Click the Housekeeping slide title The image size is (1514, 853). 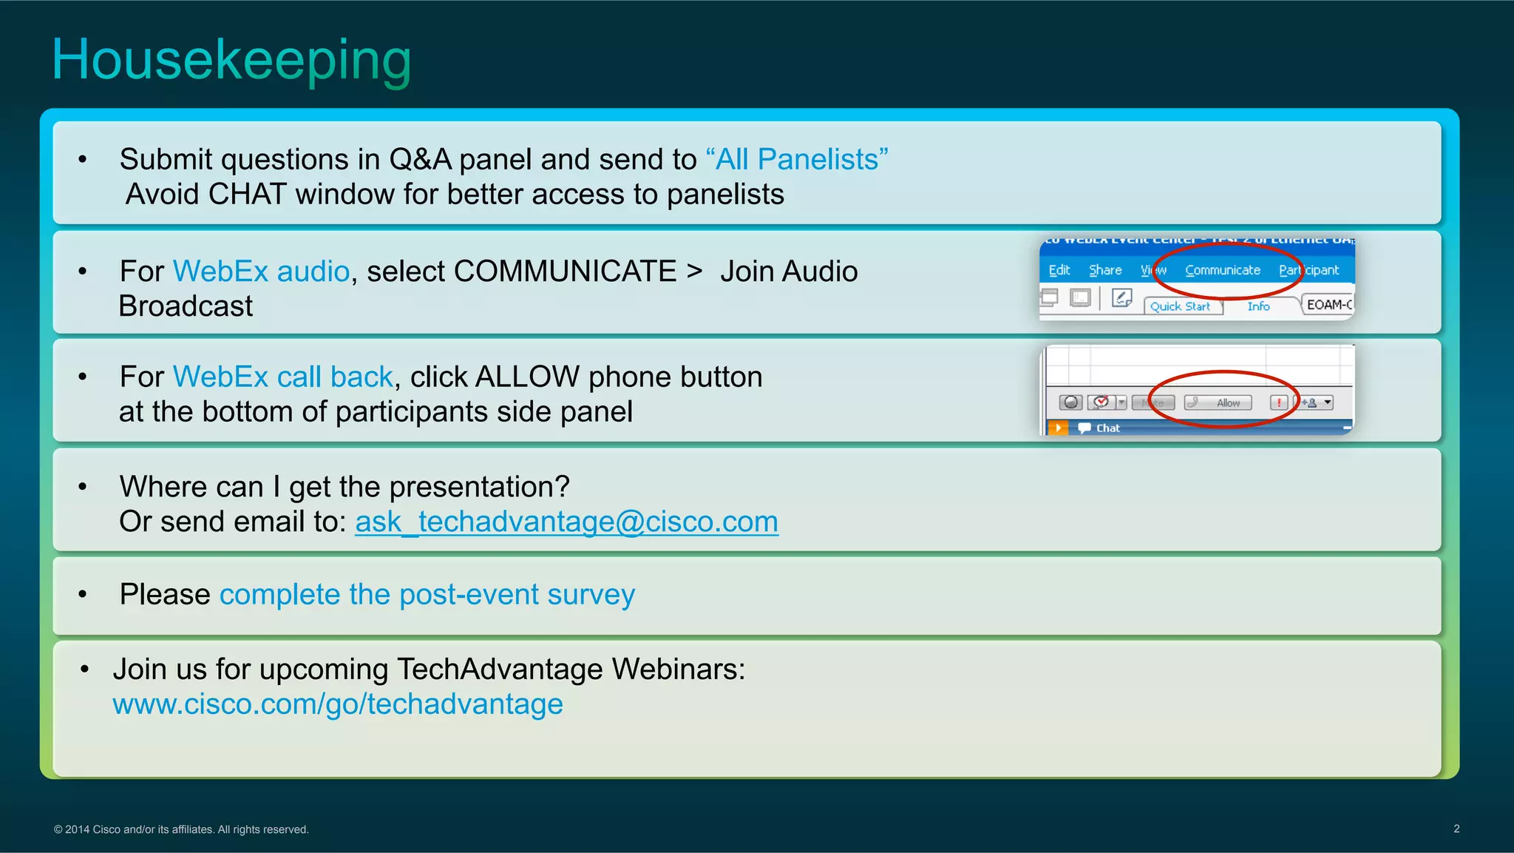[x=231, y=61]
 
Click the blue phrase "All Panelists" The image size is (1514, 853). [x=797, y=160]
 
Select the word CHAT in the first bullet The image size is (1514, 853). [x=247, y=195]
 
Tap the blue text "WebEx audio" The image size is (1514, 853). [x=261, y=272]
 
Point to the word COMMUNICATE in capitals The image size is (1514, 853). [x=565, y=272]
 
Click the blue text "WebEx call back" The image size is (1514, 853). [x=282, y=377]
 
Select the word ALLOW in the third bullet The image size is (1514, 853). [x=527, y=377]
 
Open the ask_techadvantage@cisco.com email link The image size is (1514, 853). [x=566, y=522]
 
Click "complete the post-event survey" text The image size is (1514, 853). [x=427, y=595]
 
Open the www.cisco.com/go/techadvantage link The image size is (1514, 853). [x=338, y=704]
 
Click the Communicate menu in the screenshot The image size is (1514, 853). [x=1222, y=271]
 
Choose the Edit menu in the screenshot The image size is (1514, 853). [x=1059, y=271]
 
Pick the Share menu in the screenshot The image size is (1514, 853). [x=1104, y=271]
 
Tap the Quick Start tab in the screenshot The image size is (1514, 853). [x=1180, y=306]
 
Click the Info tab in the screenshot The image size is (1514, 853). [x=1258, y=306]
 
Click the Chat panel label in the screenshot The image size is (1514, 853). [x=1107, y=428]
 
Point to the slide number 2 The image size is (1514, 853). [x=1456, y=829]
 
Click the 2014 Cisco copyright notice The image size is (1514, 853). [x=181, y=829]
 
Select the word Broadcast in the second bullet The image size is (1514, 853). [x=186, y=306]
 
